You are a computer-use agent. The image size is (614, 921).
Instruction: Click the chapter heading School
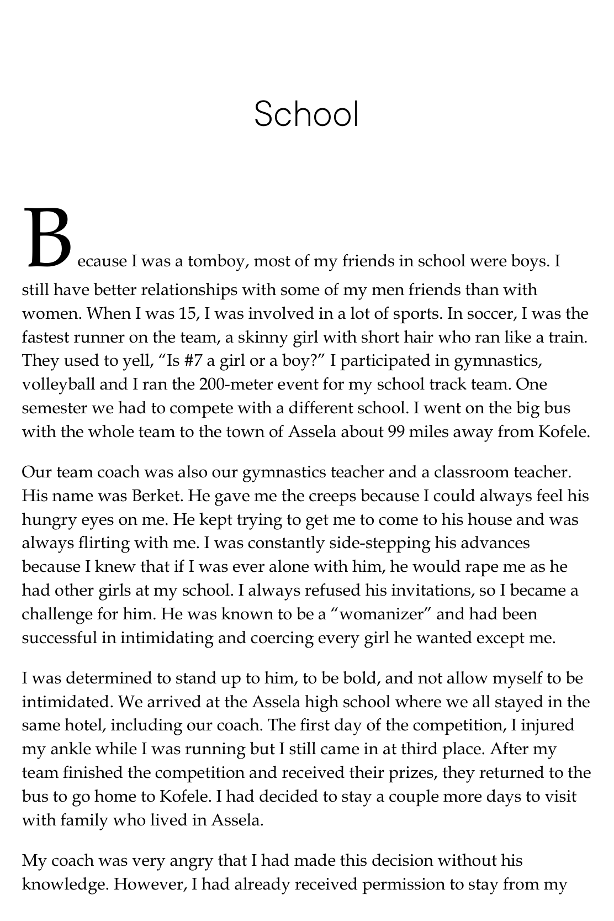[306, 115]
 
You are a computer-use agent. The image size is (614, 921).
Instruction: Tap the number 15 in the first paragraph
[187, 313]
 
